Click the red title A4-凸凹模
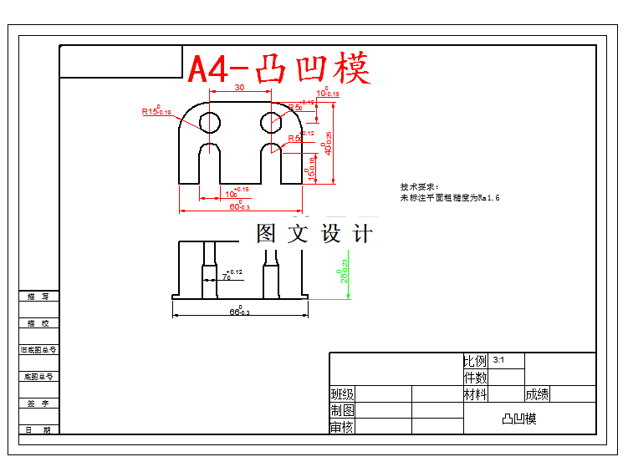tap(278, 69)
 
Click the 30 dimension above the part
tap(239, 88)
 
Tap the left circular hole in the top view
tap(209, 123)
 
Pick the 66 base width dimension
tap(240, 312)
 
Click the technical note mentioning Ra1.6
tap(449, 198)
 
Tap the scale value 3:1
tap(500, 360)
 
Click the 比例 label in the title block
tap(475, 361)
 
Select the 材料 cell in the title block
tap(475, 393)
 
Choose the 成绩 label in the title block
tap(538, 393)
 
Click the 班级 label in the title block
tap(342, 393)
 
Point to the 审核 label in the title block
tap(342, 427)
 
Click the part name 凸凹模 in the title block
tap(518, 419)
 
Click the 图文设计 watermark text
tap(314, 234)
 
